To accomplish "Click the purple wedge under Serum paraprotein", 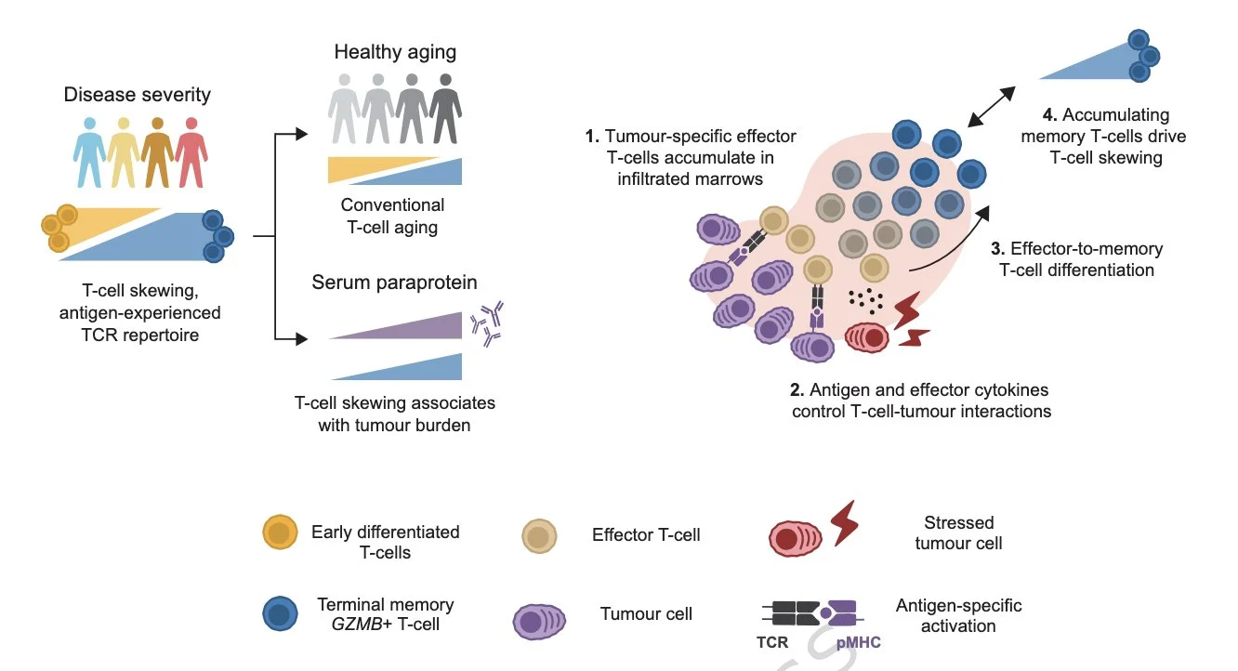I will [409, 326].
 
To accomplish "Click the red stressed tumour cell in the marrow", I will [866, 337].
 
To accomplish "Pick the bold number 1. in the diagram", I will [592, 138].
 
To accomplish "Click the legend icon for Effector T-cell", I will [538, 535].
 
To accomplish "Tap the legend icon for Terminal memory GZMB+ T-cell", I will [281, 614].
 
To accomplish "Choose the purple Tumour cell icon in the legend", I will [539, 620].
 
